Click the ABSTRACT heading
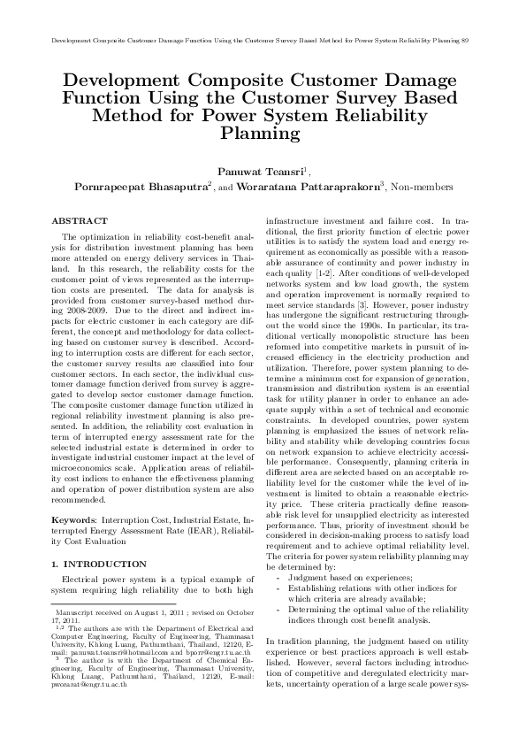click(x=80, y=219)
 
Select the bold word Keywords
click(x=73, y=512)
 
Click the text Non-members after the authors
click(x=398, y=187)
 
